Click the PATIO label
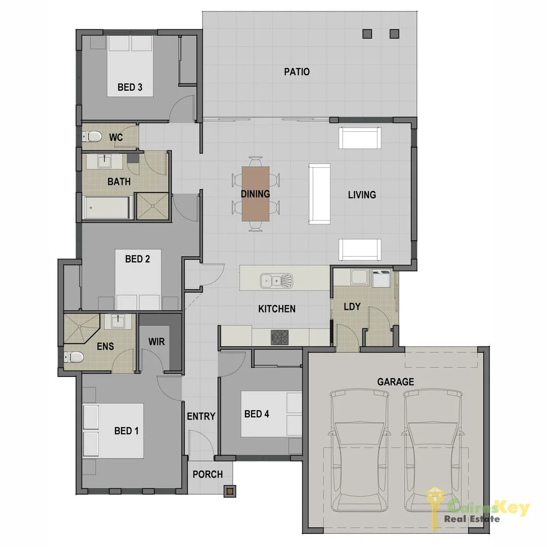(x=297, y=72)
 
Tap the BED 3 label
(x=130, y=88)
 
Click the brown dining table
(x=256, y=193)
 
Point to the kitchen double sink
(x=276, y=280)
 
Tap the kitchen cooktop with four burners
(x=279, y=336)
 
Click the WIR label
(x=157, y=342)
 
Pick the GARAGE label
(x=395, y=382)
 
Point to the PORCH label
(x=208, y=475)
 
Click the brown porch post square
(x=230, y=490)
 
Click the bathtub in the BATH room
(x=107, y=208)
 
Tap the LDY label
(x=352, y=306)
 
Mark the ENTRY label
(x=201, y=416)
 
